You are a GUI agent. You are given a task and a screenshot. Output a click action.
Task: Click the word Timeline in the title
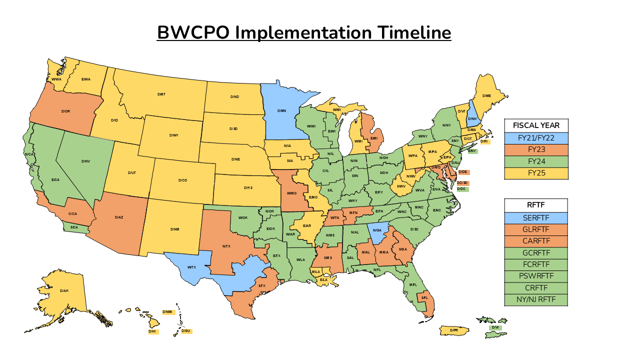coord(413,32)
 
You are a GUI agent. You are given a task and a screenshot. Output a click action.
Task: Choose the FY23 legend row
coord(536,149)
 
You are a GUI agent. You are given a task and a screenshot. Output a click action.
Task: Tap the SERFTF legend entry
coord(536,218)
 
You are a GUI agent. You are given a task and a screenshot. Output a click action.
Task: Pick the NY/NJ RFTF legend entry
coord(536,300)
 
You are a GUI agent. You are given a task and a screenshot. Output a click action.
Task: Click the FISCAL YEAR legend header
coord(536,125)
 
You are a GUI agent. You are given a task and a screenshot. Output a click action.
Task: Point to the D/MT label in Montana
coord(161,94)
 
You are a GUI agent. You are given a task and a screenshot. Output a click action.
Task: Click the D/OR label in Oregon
coord(65,111)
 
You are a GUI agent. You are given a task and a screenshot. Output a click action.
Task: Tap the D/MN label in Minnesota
coord(281,110)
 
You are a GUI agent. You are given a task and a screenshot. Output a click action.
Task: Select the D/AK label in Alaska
coord(64,290)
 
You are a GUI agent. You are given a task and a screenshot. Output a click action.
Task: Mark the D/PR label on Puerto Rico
coord(454,330)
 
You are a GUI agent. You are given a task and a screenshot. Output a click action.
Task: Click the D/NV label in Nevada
coord(85,161)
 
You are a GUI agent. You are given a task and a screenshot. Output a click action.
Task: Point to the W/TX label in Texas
coord(191,267)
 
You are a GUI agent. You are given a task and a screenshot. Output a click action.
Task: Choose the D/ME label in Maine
coord(486,95)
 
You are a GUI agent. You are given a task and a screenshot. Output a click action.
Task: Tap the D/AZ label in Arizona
coord(119,217)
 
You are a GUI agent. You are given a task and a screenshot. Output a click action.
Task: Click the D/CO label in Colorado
coord(182,180)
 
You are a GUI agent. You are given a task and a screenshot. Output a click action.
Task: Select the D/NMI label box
coord(168,312)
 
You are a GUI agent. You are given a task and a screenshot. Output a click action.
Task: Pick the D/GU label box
coord(186,331)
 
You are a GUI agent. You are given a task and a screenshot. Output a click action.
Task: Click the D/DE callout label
coord(463,172)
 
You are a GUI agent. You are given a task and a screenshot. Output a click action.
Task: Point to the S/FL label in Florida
coord(424,298)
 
